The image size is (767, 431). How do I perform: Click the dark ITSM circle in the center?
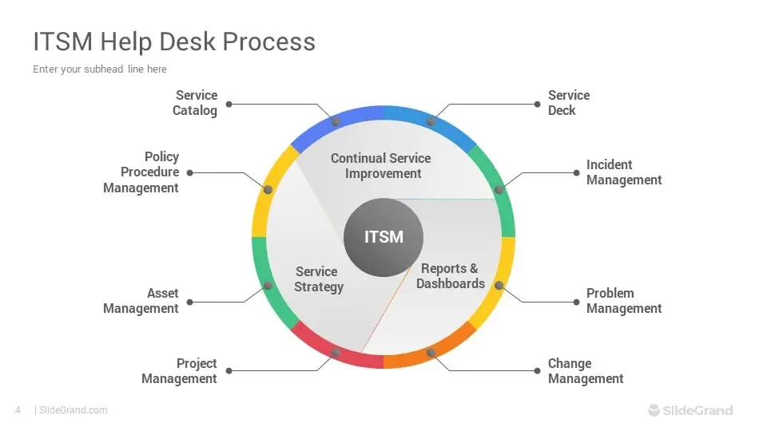coord(383,238)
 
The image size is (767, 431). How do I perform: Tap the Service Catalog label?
coord(195,103)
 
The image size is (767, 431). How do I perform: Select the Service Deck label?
coord(568,103)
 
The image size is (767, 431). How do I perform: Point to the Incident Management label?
coord(624,172)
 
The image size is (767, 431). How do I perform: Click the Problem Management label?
coord(624,301)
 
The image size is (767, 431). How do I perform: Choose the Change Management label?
coord(586,371)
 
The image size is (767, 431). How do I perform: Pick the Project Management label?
coord(179,371)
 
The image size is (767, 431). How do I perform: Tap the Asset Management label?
coord(141,301)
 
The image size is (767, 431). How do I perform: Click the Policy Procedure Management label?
coord(141,172)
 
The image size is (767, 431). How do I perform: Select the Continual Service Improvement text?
coord(381,166)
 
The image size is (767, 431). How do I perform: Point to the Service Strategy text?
coord(319,279)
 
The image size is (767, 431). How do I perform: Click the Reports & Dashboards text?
coord(451,276)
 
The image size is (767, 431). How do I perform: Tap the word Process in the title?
coord(269,42)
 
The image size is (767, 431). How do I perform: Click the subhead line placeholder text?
coord(100,69)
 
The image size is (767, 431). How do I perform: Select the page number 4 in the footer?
coord(18,410)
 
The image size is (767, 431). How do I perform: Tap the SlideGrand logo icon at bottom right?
coord(654,410)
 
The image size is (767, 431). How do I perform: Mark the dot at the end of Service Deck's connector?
coord(537,104)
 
